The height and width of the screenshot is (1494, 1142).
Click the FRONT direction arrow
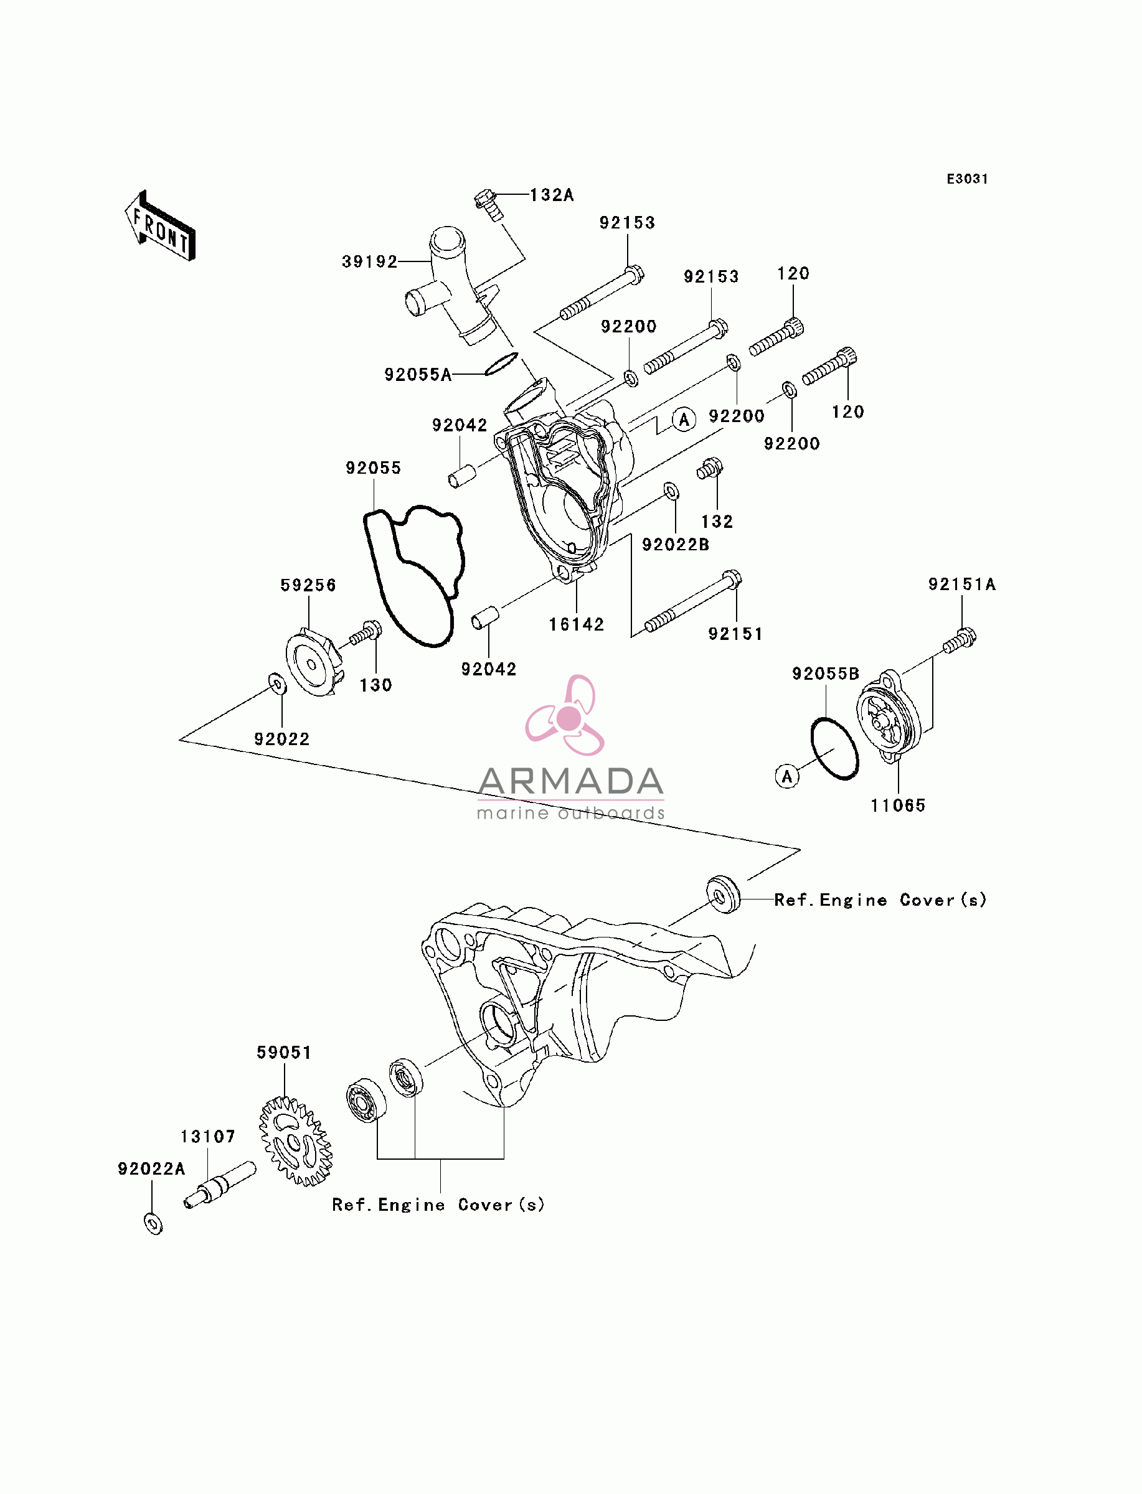point(161,226)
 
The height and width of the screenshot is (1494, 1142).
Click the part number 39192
point(370,261)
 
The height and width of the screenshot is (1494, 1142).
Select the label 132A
point(552,195)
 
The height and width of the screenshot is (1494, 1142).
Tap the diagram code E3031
point(967,179)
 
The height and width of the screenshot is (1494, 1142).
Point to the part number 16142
point(577,624)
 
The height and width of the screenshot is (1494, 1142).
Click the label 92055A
point(418,374)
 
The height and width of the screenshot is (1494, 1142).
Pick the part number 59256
point(308,585)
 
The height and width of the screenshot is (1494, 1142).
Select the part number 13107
point(208,1137)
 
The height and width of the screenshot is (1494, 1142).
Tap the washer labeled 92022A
point(154,1224)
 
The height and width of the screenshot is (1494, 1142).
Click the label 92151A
point(962,585)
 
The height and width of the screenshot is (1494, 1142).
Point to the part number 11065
point(898,806)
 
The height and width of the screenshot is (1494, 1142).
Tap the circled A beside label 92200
point(684,420)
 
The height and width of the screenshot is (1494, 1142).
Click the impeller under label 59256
point(313,662)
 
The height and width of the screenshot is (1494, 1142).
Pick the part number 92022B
point(676,545)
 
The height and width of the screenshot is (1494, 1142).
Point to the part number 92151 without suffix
point(735,634)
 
